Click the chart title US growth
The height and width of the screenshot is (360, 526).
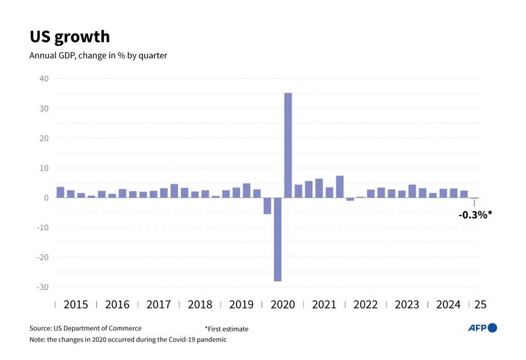(70, 37)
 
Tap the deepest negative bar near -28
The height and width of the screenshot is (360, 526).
(278, 239)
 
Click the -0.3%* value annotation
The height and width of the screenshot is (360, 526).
(475, 215)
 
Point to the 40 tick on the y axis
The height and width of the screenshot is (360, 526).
(44, 78)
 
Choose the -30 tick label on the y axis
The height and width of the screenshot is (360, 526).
(42, 287)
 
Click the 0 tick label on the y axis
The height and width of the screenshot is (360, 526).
(46, 198)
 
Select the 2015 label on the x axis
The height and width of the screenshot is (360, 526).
(76, 305)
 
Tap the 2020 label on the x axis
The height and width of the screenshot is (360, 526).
(283, 305)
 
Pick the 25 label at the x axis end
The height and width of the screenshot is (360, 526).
(480, 305)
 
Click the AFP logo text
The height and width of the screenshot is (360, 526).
(477, 328)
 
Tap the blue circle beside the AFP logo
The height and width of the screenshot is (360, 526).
(492, 328)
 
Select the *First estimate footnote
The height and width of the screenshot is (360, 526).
(226, 329)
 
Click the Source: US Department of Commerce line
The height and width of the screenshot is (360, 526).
(85, 329)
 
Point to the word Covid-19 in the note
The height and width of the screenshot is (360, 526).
(177, 339)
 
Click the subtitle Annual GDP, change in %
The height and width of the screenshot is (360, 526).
(98, 55)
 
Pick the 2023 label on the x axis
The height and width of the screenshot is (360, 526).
(407, 305)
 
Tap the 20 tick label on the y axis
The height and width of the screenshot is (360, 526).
(44, 138)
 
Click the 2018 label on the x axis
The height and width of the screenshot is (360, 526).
(200, 305)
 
